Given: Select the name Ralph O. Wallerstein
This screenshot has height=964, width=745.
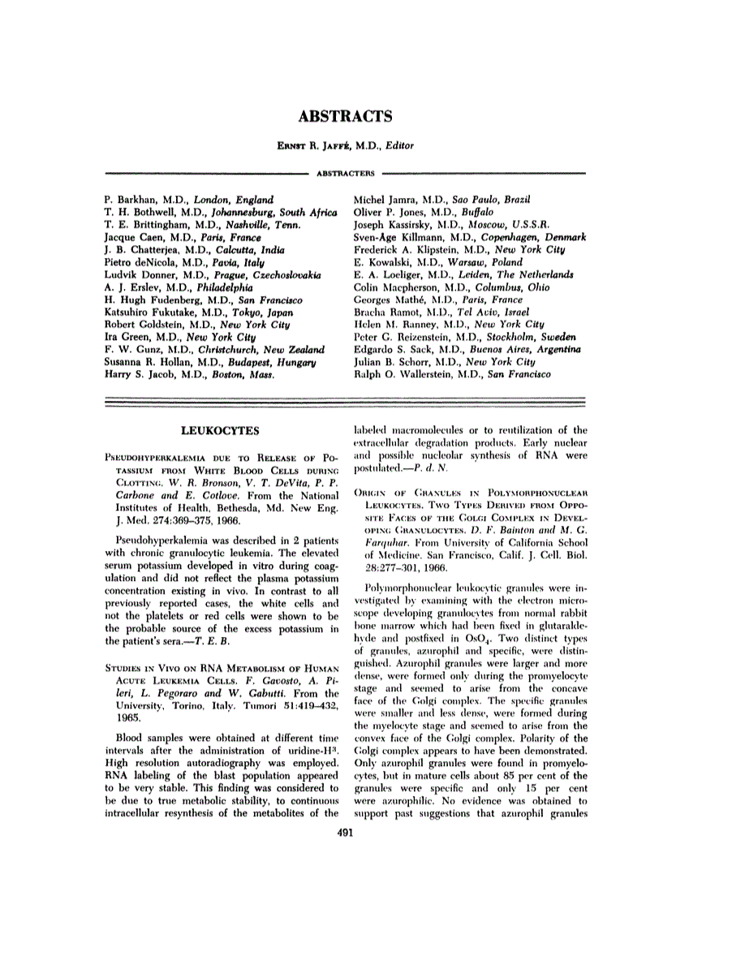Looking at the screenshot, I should click(x=403, y=375).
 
